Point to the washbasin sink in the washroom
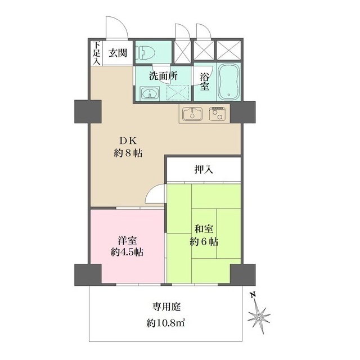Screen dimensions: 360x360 150,93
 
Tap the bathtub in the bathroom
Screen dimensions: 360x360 228,80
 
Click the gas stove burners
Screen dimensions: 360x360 217,114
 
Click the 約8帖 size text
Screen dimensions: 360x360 128,152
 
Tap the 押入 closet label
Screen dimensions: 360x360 202,169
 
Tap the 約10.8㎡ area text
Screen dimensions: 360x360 166,323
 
